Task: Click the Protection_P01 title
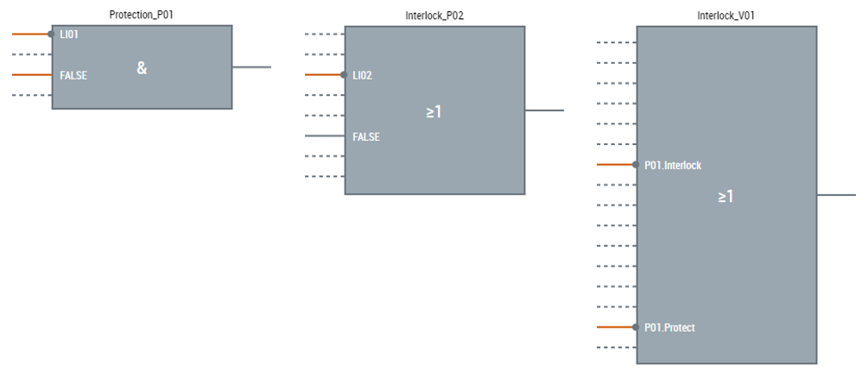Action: (x=142, y=16)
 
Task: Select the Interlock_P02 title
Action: (x=434, y=16)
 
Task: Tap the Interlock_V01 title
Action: (x=726, y=16)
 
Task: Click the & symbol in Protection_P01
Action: (x=142, y=67)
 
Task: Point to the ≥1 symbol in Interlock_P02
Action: (x=434, y=111)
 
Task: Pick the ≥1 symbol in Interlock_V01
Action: (x=725, y=196)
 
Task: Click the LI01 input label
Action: (x=69, y=35)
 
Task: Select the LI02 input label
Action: (x=363, y=75)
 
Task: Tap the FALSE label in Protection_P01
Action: (x=73, y=75)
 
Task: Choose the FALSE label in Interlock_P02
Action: (x=366, y=136)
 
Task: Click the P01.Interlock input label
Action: (x=673, y=165)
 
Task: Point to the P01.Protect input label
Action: (x=669, y=327)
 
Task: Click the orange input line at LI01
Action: (x=31, y=35)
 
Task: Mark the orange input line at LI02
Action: (x=324, y=75)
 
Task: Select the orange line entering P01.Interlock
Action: (x=616, y=164)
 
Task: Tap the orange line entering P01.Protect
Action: (x=616, y=327)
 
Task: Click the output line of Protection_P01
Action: (x=251, y=67)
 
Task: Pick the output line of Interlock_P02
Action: (x=544, y=111)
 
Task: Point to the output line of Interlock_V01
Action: (x=836, y=195)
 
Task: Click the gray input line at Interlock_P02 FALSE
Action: (x=325, y=136)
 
